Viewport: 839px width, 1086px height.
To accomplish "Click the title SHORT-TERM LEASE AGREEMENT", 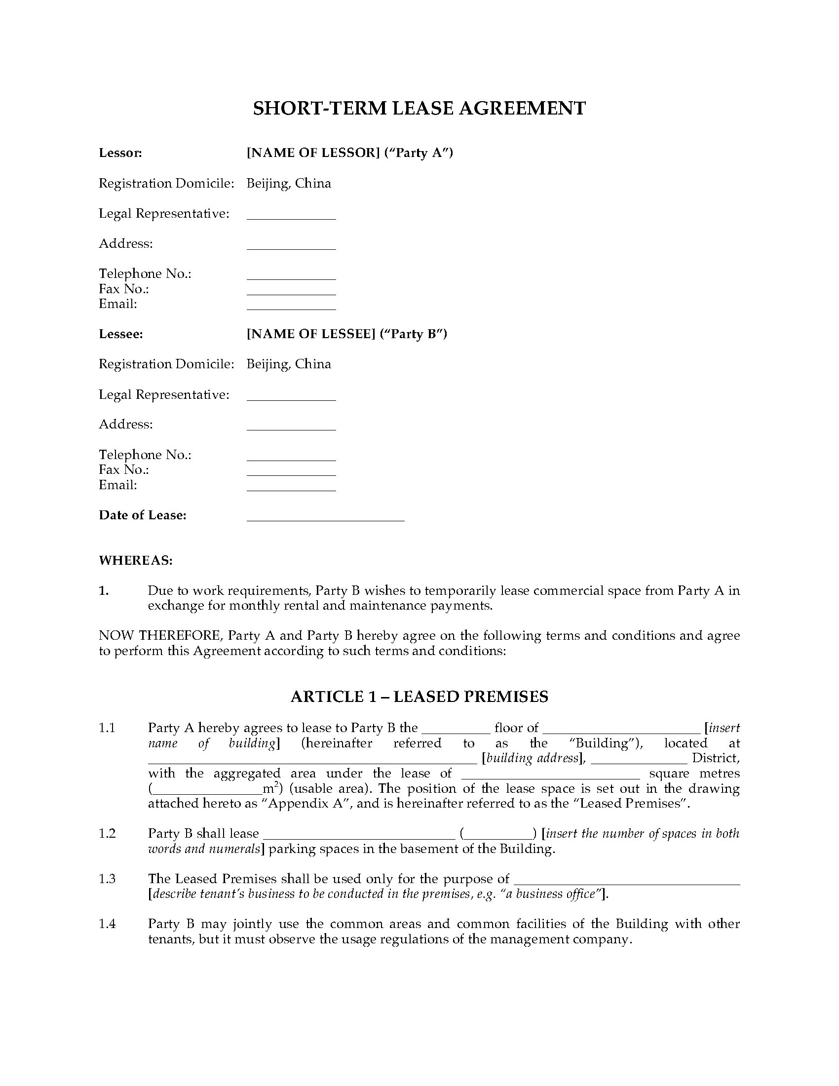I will pos(419,109).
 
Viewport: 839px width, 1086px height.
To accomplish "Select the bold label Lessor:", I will pos(120,153).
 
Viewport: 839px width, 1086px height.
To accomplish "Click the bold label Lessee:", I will pos(121,334).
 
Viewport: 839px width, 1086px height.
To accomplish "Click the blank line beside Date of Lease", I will pos(326,518).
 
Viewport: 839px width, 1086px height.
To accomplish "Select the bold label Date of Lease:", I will pos(143,515).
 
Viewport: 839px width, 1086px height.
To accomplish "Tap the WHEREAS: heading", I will pos(136,560).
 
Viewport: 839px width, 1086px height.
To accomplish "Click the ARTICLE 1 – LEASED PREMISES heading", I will pos(419,697).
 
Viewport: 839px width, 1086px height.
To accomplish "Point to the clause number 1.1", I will pos(107,728).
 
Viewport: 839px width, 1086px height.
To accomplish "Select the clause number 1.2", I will pos(107,833).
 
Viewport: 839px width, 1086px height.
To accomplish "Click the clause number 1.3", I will pos(107,879).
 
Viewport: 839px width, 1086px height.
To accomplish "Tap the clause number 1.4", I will pos(107,924).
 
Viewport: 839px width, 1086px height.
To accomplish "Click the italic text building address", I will pos(533,758).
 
